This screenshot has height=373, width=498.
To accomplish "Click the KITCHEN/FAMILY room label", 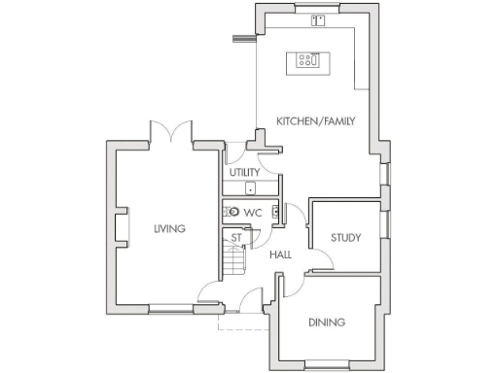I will tap(316, 121).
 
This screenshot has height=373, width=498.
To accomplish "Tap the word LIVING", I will tap(169, 228).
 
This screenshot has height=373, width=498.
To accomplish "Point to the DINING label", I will tap(327, 322).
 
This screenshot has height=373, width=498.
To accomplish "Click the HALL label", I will tap(280, 254).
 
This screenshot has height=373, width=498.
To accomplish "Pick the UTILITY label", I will tap(244, 173).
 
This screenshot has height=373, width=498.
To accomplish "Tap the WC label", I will tap(253, 213).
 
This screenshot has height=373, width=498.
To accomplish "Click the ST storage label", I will tap(235, 237).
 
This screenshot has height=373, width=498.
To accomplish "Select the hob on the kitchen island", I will tap(309, 60).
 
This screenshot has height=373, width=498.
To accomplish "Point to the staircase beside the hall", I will tap(233, 260).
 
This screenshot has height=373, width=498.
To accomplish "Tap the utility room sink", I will tap(251, 189).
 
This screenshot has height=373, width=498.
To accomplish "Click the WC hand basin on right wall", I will tap(276, 213).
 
